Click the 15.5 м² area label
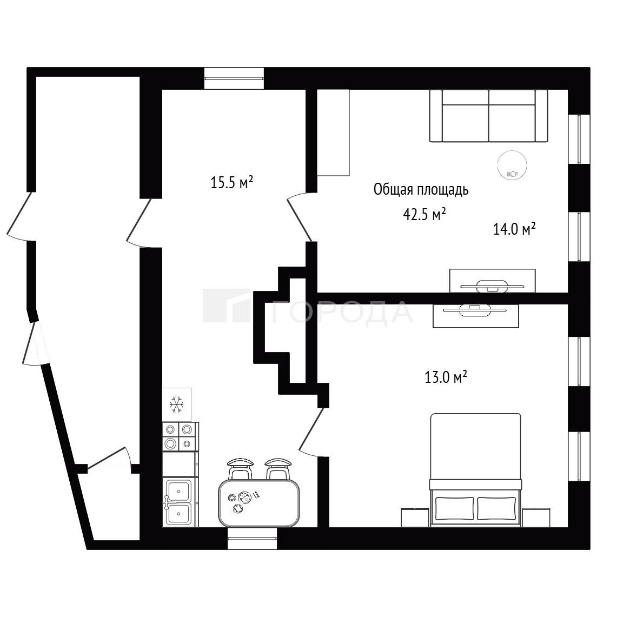point(231,183)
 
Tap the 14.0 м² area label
point(514,229)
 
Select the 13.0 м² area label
point(446,377)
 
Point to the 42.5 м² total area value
point(424,215)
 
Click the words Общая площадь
point(421,190)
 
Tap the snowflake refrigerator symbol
point(177,405)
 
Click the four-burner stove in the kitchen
point(180,437)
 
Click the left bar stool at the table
point(240,469)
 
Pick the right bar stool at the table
point(278,469)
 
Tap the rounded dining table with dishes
point(259,503)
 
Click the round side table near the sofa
point(512,165)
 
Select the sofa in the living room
point(488,116)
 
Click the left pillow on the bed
point(454,508)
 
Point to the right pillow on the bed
point(496,508)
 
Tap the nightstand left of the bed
point(415,517)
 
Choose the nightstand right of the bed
point(536,517)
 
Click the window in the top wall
point(234,78)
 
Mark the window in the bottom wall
point(252,538)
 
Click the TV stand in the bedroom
point(475,316)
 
